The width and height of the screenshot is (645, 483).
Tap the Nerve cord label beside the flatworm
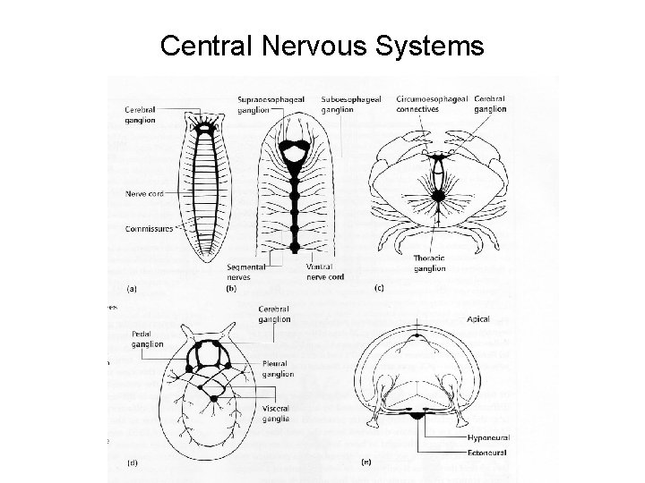pyautogui.click(x=143, y=192)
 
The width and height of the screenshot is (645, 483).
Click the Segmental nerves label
pyautogui.click(x=245, y=272)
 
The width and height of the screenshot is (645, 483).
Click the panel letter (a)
pyautogui.click(x=133, y=288)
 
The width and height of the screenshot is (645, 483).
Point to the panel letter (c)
pyautogui.click(x=380, y=288)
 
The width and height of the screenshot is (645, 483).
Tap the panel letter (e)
pyautogui.click(x=366, y=462)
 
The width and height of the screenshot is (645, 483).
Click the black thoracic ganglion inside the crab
pyautogui.click(x=438, y=195)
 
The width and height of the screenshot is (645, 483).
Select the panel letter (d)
pyautogui.click(x=133, y=462)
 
